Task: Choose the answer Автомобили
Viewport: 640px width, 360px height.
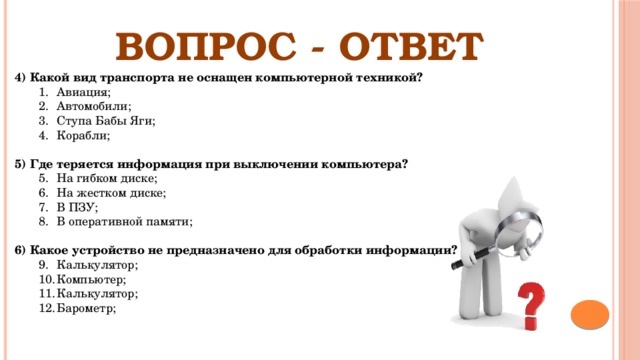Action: pyautogui.click(x=94, y=105)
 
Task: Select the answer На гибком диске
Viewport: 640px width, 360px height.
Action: pyautogui.click(x=107, y=177)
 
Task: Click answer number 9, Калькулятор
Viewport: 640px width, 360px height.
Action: pyautogui.click(x=97, y=265)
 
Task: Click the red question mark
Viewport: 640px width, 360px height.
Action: pyautogui.click(x=534, y=305)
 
